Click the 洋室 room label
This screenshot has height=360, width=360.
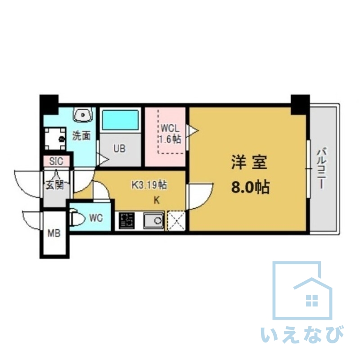(249, 163)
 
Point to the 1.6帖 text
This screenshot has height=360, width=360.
(170, 139)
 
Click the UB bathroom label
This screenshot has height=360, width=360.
(119, 148)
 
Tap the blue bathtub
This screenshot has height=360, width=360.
(120, 120)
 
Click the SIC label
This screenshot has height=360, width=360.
(56, 161)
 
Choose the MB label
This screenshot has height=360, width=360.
(54, 233)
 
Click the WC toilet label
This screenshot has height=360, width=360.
(96, 218)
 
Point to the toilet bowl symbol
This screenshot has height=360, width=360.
(77, 219)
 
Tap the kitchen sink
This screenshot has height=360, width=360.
(153, 220)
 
